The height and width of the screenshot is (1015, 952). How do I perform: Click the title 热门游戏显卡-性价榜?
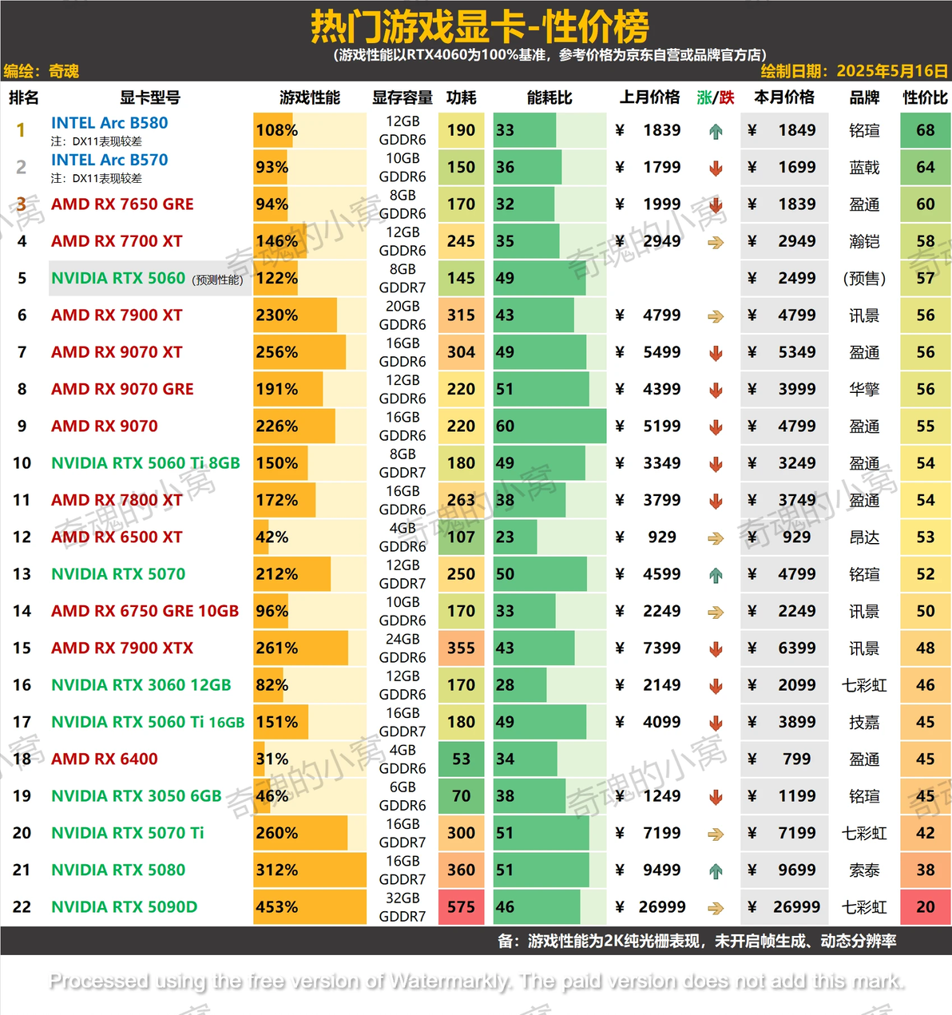479,27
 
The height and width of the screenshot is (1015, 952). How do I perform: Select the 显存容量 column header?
402,97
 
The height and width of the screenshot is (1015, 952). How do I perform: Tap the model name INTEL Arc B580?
109,123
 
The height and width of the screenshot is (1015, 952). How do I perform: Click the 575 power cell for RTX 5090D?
461,907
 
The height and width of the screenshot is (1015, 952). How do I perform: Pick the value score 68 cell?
925,130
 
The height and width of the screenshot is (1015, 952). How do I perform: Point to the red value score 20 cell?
925,907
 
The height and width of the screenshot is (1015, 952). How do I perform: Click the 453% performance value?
276,907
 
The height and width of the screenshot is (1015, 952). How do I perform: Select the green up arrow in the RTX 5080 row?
716,871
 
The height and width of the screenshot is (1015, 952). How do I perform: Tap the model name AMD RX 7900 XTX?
122,648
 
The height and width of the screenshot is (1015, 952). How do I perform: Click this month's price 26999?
796,907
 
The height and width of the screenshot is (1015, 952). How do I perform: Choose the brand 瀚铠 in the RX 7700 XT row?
864,241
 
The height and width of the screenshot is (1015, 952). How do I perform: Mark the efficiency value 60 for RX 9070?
505,426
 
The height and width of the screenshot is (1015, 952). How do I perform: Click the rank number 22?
22,907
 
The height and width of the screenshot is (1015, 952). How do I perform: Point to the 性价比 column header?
925,97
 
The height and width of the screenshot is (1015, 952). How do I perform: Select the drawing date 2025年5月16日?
891,71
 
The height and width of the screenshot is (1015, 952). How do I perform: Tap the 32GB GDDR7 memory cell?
402,907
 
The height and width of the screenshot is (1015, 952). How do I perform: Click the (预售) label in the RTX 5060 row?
864,279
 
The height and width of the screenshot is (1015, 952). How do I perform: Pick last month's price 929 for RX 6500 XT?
662,537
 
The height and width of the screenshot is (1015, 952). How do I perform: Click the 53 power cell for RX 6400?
461,759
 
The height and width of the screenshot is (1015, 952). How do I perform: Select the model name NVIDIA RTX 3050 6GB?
136,796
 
